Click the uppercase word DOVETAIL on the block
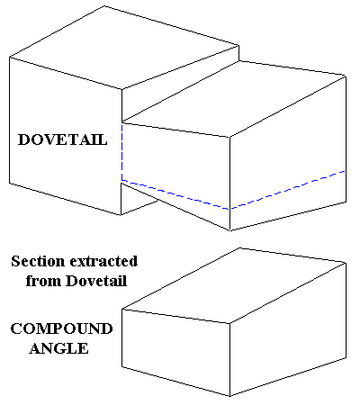pos(63,139)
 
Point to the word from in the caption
pos(44,281)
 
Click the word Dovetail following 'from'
pos(96,281)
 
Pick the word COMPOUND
pos(61,328)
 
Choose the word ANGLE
pos(58,348)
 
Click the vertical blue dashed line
pos(121,152)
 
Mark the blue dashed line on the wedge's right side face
pos(287,190)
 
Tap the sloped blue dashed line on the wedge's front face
pos(175,195)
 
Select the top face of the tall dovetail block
pos(124,48)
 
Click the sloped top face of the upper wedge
pos(234,99)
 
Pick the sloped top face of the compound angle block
pos(234,285)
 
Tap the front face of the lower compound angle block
pos(175,351)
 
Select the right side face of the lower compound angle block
pos(288,329)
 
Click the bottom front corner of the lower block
pos(230,396)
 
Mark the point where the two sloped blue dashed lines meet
pos(230,209)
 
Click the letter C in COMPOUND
pos(16,328)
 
